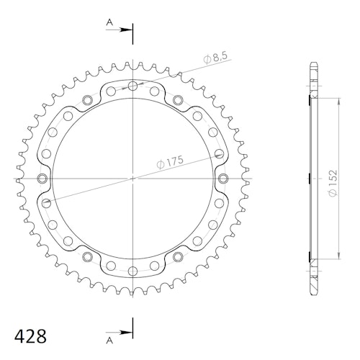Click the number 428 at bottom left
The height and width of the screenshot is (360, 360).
click(x=30, y=336)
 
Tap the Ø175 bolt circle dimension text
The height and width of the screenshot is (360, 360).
click(x=170, y=162)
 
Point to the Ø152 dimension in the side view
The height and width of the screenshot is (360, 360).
click(x=333, y=183)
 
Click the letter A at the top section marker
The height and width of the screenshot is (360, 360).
click(x=109, y=22)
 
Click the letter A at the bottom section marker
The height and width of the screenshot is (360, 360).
click(x=109, y=341)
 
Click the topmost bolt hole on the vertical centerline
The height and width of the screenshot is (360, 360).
click(x=132, y=86)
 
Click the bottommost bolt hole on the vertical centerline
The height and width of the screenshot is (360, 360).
click(x=132, y=271)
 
